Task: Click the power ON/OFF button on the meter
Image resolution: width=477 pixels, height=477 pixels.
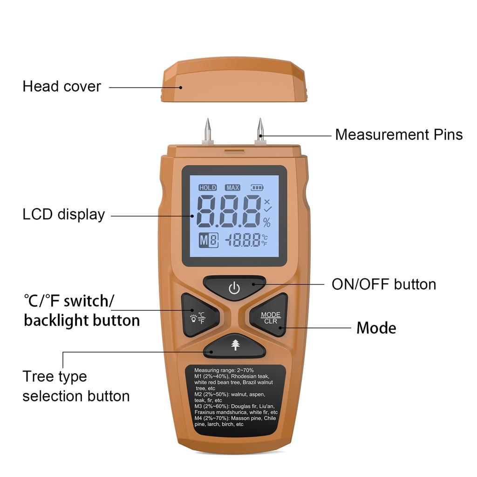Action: coord(234,289)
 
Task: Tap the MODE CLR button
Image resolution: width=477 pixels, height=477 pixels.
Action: coord(270,318)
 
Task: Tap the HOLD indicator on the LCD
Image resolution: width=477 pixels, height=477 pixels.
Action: coord(207,188)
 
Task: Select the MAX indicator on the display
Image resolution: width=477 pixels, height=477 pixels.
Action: coord(232,188)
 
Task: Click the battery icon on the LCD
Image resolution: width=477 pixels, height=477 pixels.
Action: coord(257,188)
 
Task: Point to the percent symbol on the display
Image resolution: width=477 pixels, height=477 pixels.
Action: coord(266,222)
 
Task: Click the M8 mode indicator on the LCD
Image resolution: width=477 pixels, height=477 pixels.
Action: coord(208,241)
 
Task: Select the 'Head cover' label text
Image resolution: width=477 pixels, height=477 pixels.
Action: coord(61,87)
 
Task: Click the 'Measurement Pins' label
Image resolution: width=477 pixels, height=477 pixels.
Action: coord(399,135)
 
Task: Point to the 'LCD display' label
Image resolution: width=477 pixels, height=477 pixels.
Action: coord(64,215)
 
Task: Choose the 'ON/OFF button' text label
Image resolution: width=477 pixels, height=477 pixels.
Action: coord(384,284)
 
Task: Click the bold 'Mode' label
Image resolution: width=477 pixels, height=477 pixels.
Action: coord(376,328)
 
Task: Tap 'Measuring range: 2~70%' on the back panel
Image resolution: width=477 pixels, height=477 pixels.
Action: coord(224,370)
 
